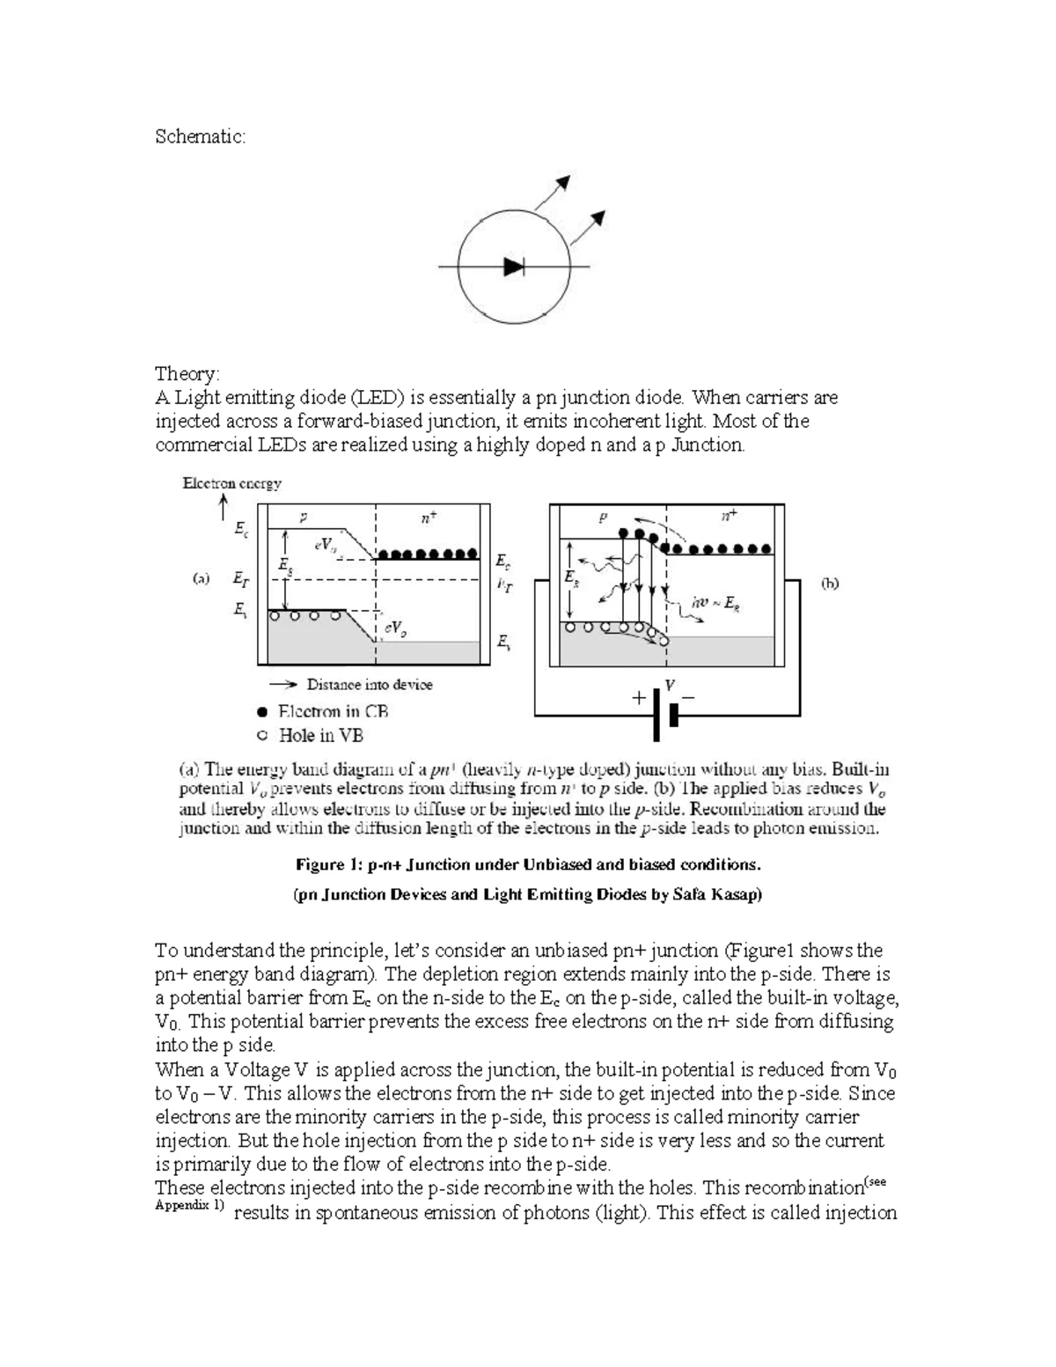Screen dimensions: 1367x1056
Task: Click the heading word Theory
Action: click(187, 373)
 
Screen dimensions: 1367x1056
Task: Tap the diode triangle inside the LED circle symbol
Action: click(513, 266)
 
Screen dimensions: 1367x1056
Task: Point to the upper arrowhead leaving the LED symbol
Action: click(563, 182)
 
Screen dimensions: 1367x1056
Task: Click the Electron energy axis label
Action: click(231, 482)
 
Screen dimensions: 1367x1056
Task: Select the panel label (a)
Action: click(201, 579)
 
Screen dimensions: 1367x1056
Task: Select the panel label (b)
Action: click(829, 583)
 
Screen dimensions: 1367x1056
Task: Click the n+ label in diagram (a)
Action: click(426, 519)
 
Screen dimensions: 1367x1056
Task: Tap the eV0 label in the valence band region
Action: click(395, 628)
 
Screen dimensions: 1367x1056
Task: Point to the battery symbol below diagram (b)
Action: click(665, 714)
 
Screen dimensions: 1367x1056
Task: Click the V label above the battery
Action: click(670, 684)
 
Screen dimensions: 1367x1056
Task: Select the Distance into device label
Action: click(369, 684)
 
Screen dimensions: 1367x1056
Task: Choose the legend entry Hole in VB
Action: click(320, 735)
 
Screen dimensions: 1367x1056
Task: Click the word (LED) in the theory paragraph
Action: click(382, 398)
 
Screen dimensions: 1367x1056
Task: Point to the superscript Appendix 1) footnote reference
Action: click(189, 1205)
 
